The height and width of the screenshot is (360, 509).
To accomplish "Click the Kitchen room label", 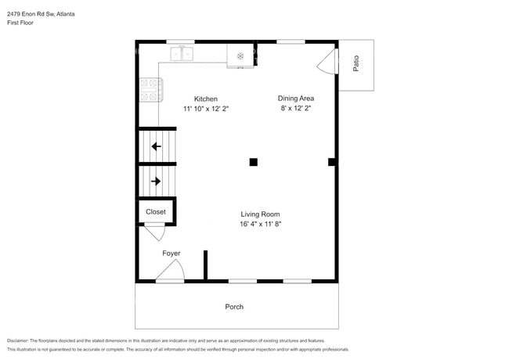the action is pos(206,99).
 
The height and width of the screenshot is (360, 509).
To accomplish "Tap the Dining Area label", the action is pos(296,99).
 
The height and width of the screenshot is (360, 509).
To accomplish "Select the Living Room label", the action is pos(260,214).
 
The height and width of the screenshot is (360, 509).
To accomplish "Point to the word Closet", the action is pos(156,212).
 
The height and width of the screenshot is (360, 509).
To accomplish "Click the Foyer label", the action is pos(171,254).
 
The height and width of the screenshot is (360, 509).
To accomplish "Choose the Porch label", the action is pos(234,307).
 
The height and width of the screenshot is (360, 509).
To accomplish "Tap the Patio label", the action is pos(356,63).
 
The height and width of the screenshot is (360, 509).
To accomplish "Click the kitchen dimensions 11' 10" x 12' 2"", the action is pos(206,109).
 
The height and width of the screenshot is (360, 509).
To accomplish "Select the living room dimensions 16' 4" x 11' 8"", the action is pos(260,224).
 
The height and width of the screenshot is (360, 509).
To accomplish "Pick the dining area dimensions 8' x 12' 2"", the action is pos(296,108).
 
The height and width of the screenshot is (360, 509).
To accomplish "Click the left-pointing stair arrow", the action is pos(156,146).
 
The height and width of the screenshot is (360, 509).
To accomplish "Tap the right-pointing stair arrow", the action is pos(156,181).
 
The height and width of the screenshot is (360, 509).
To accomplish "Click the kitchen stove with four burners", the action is pos(151,90).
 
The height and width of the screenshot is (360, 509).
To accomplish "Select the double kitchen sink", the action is pos(182,54).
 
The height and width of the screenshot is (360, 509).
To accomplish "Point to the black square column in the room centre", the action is pos(254,162).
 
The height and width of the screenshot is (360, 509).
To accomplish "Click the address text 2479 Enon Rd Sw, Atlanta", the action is pos(41,14).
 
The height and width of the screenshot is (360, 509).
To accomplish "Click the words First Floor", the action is pos(20,23).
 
